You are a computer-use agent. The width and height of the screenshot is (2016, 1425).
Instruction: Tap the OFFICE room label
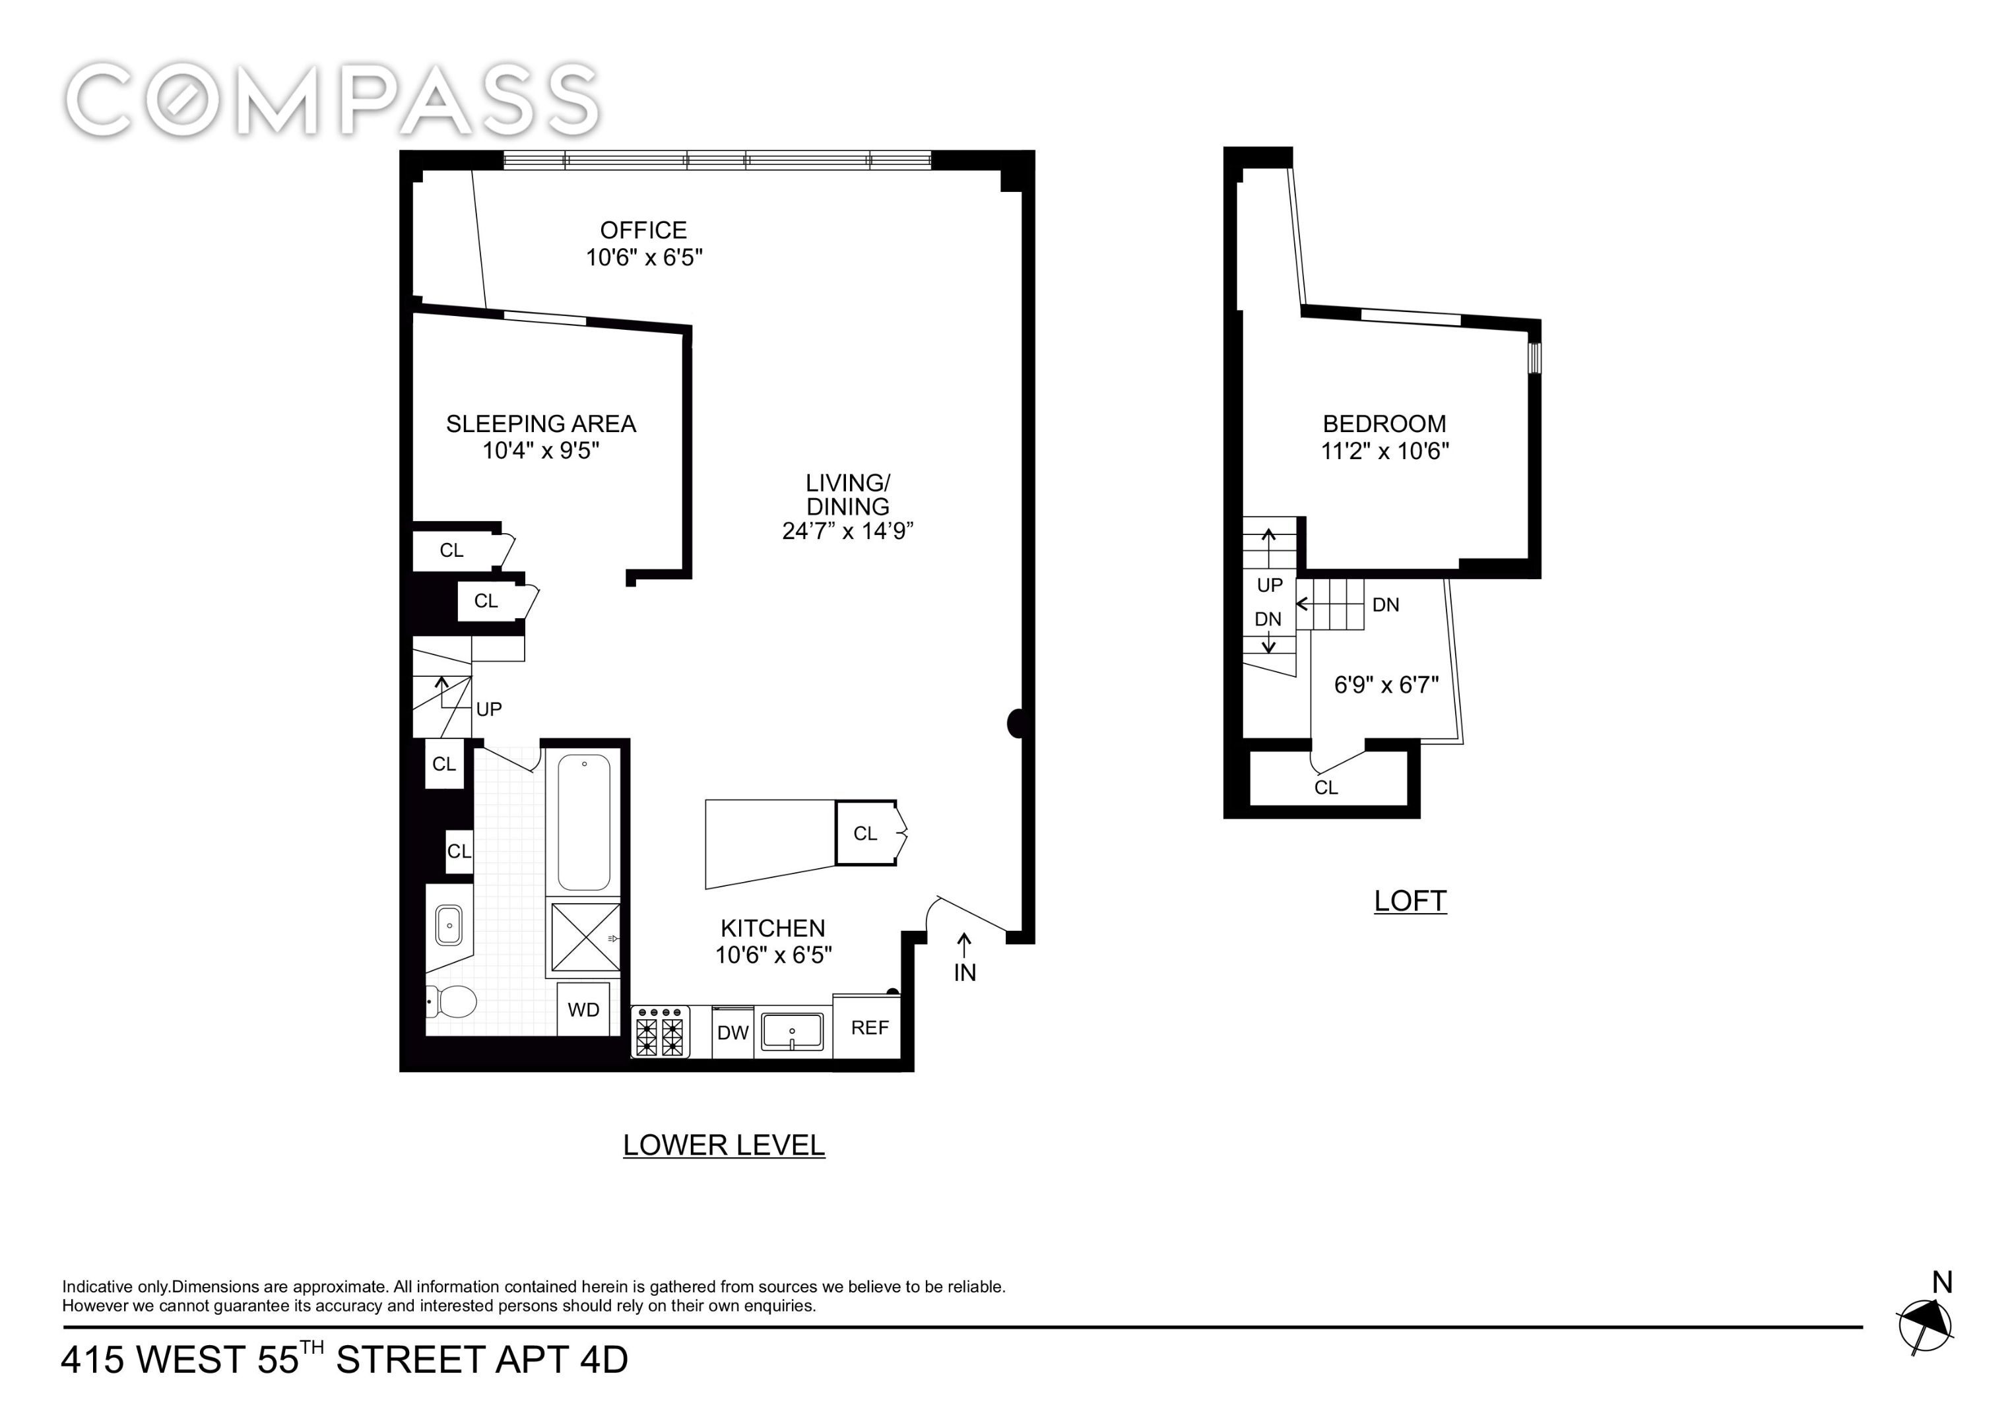643,230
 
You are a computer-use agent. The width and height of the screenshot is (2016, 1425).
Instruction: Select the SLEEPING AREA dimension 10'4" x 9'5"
541,451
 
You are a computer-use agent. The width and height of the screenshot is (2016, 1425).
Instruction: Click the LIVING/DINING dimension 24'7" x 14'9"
847,531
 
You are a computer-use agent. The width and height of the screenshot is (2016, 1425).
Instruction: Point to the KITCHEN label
773,928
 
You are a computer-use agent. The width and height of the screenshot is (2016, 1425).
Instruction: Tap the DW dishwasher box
732,1032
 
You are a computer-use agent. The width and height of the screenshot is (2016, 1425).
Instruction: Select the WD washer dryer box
583,1009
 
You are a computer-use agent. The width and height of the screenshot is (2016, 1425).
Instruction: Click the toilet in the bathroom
452,1000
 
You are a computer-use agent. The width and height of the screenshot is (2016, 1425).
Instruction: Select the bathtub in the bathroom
584,822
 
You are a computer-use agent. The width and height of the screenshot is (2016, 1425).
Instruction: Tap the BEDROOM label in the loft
1384,424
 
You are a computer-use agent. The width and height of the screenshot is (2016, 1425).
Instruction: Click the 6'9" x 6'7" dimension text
1386,685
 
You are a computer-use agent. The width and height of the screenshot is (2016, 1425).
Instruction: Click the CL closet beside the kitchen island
865,833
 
